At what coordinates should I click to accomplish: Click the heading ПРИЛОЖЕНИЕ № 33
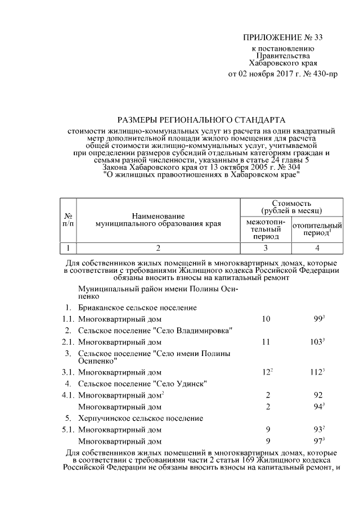[283, 38]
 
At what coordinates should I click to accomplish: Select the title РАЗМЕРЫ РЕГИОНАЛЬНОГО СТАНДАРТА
[201, 120]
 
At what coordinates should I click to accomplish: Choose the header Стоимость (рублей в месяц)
[291, 206]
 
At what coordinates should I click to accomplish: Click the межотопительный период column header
[265, 229]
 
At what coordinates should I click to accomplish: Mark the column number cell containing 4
[317, 247]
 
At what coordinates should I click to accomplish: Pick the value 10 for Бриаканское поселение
[266, 319]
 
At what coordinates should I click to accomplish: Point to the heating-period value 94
[318, 406]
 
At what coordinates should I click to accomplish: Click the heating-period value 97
[318, 441]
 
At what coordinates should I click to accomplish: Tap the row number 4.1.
[68, 395]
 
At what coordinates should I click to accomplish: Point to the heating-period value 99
[318, 319]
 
